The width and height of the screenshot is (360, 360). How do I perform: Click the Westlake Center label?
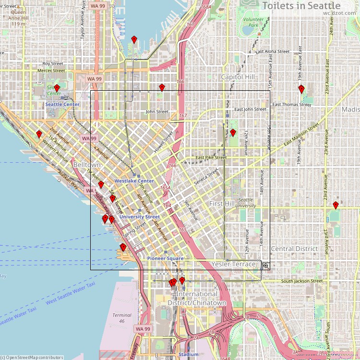pyautogui.click(x=134, y=181)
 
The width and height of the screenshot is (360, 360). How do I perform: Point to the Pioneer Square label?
pyautogui.click(x=165, y=258)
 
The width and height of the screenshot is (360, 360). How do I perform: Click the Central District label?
pyautogui.click(x=294, y=249)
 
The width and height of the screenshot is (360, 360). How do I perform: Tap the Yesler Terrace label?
pyautogui.click(x=234, y=264)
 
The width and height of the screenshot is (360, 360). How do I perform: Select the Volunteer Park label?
pyautogui.click(x=251, y=22)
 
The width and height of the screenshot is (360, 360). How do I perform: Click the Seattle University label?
pyautogui.click(x=245, y=203)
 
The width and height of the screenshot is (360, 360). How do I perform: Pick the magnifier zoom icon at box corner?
pyautogui.click(x=265, y=265)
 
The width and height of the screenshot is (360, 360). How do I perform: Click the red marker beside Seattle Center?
pyautogui.click(x=57, y=88)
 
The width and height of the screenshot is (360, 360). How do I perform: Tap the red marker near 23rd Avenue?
pyautogui.click(x=336, y=205)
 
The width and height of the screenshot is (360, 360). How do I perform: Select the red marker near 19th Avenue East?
pyautogui.click(x=301, y=89)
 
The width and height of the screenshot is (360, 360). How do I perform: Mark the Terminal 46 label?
pyautogui.click(x=121, y=318)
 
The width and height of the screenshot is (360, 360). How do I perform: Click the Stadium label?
pyautogui.click(x=188, y=355)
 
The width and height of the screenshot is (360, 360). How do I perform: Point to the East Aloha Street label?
pyautogui.click(x=272, y=51)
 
